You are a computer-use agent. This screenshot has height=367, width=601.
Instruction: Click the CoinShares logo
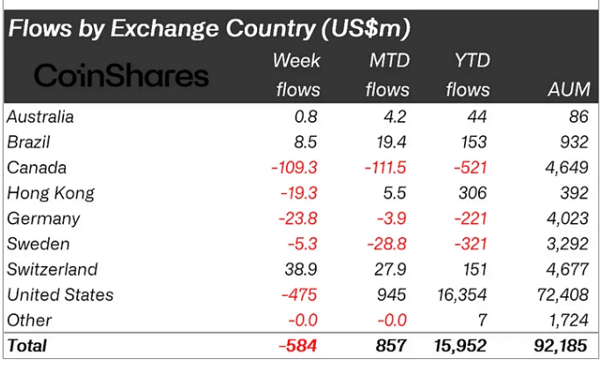121,76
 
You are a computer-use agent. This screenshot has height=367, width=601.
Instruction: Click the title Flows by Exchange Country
209,28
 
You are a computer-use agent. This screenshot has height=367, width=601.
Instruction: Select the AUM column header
568,90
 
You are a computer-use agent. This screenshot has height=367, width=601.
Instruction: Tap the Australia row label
39,116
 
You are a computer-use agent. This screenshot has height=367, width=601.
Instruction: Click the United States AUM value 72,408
562,294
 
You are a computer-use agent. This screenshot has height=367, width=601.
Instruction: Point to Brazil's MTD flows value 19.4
387,141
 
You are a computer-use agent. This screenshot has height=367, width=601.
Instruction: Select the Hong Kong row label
50,192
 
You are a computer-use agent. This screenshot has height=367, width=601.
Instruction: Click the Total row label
26,346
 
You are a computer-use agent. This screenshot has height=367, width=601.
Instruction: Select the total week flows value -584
297,346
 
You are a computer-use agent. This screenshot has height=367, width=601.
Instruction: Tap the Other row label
29,320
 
